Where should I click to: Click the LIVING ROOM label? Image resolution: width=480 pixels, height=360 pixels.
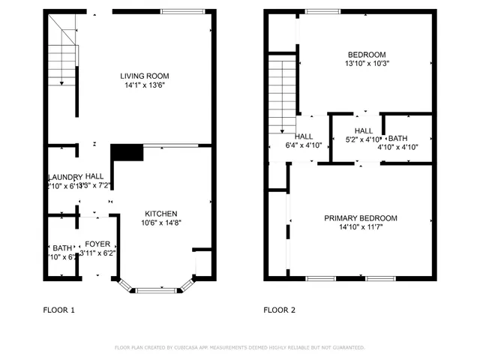[x=145, y=76]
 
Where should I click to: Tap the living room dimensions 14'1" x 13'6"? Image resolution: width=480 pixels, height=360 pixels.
[x=145, y=85]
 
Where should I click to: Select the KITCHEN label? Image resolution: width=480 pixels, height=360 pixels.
[x=160, y=213]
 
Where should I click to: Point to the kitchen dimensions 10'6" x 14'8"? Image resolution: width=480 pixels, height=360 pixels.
[x=160, y=223]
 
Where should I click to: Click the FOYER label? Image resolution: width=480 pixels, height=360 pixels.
[x=97, y=244]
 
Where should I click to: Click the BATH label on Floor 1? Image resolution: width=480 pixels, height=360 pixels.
[x=62, y=247]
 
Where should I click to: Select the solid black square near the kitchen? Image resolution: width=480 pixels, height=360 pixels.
[x=127, y=154]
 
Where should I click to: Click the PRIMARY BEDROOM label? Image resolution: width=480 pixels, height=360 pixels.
[x=361, y=218]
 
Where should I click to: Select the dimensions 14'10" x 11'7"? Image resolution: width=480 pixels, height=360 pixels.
[x=361, y=227]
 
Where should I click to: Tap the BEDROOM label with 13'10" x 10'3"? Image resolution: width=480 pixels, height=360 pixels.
[x=367, y=54]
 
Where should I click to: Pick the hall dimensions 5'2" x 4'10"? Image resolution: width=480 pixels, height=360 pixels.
[x=363, y=139]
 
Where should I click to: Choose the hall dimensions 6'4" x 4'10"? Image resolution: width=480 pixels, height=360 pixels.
[x=304, y=145]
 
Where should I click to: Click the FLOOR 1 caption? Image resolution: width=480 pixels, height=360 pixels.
[x=58, y=310]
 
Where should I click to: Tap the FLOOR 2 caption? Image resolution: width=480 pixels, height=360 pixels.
[x=279, y=310]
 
